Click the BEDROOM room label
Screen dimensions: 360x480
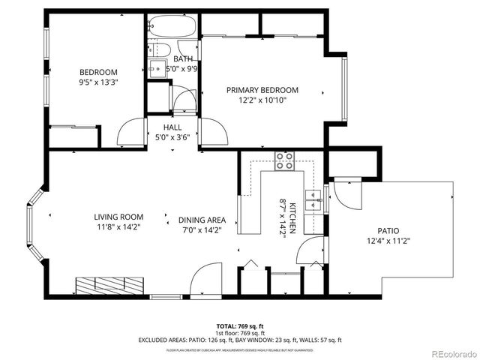[94, 72]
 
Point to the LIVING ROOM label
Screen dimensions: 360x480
[118, 217]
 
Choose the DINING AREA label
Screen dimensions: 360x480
[202, 220]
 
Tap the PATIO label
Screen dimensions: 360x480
[388, 231]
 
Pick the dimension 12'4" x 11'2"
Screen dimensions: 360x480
[388, 241]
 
